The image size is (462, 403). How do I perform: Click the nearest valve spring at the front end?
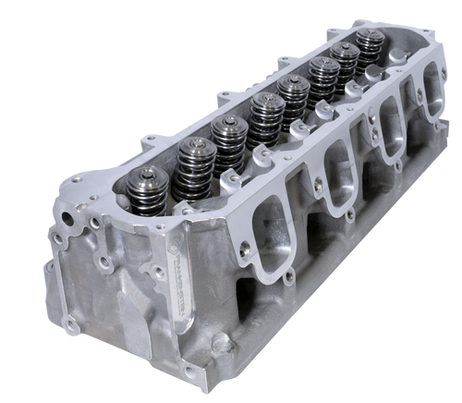click(x=149, y=182)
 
